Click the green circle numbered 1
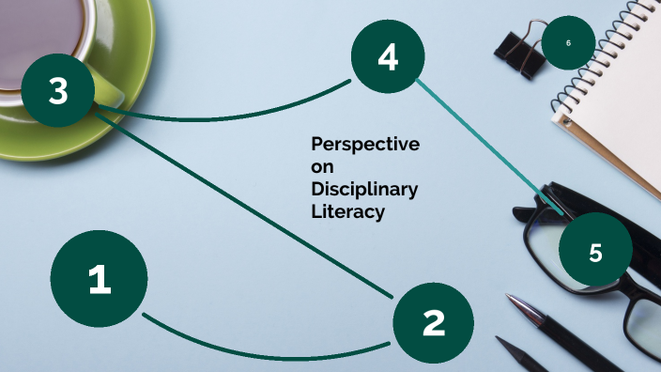pos(99,279)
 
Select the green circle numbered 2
pos(433,322)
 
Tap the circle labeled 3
pos(58,91)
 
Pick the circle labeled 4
pos(388,57)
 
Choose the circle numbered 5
pos(595,252)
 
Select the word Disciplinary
pos(364,190)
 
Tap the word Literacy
pos(347,212)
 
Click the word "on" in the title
pos(321,166)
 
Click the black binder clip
pos(519,50)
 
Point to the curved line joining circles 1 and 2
pos(263,353)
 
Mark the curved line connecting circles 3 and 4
pos(225,117)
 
